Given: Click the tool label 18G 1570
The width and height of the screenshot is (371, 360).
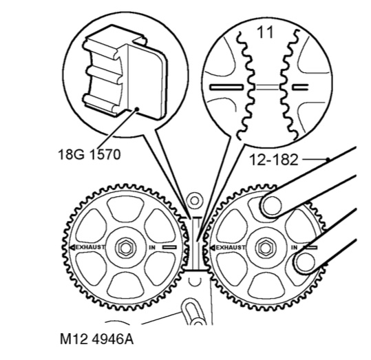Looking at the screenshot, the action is click(89, 155).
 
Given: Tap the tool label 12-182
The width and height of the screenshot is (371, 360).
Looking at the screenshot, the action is click(274, 160).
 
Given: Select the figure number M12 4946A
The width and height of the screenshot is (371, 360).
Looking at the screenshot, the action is click(96, 339).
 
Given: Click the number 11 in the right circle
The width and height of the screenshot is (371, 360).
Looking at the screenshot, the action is click(265, 32).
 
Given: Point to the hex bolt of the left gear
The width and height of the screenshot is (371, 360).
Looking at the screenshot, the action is click(125, 248).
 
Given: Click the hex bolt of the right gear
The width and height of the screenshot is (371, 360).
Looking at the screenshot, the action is click(266, 248).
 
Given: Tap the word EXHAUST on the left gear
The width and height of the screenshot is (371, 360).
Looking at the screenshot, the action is click(90, 247).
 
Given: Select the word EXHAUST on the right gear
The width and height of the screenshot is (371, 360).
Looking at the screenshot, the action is click(231, 248).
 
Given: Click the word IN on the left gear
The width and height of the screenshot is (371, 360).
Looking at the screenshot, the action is click(152, 248).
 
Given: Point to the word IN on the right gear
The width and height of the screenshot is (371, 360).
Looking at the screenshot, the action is click(294, 248).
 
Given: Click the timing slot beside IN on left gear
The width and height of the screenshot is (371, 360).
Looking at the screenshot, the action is click(169, 247).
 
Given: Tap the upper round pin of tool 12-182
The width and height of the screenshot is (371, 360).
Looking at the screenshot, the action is click(272, 206).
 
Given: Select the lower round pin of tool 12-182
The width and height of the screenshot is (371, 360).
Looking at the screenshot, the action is click(305, 263).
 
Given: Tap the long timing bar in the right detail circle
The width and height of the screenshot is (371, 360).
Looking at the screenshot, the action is click(226, 87).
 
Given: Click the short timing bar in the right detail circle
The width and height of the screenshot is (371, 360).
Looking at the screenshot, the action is click(300, 87).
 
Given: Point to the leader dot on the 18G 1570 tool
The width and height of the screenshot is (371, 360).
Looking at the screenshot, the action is click(136, 109).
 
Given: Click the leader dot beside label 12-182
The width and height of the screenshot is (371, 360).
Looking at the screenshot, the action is click(328, 160).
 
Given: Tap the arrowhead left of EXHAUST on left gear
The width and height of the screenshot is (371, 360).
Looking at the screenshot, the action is click(72, 248).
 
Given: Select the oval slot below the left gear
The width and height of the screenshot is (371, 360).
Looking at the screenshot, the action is click(191, 312).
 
